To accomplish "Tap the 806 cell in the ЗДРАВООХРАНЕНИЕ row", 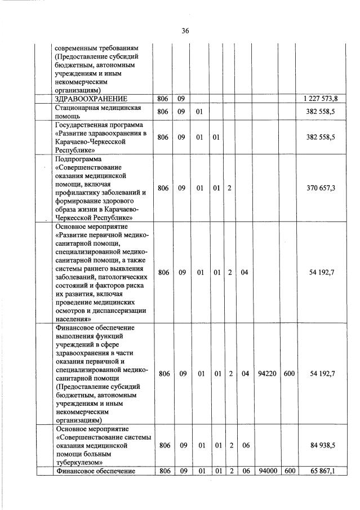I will pyautogui.click(x=163, y=99).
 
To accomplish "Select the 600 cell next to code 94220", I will pyautogui.click(x=290, y=373).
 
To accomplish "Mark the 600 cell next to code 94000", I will pyautogui.click(x=290, y=471).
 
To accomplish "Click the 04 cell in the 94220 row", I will pyautogui.click(x=245, y=373).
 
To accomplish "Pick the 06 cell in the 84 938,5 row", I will pyautogui.click(x=245, y=445).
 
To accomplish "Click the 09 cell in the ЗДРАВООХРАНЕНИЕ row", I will pyautogui.click(x=181, y=99).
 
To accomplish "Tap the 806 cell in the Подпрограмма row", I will pyautogui.click(x=163, y=188).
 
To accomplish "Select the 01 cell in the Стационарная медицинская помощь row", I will pyautogui.click(x=199, y=112).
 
